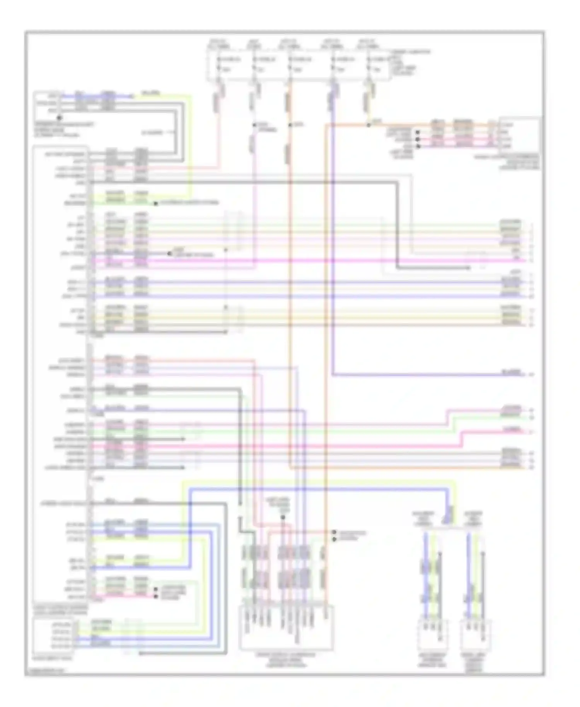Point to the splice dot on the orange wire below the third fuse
[x=290, y=125]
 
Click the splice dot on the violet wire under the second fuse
[x=254, y=125]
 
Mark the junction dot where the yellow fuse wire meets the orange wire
[x=368, y=125]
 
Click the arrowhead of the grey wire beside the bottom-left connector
[x=140, y=653]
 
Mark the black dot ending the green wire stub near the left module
[x=156, y=203]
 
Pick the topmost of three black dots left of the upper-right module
[x=418, y=132]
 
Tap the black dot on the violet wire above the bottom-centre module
[x=283, y=517]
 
